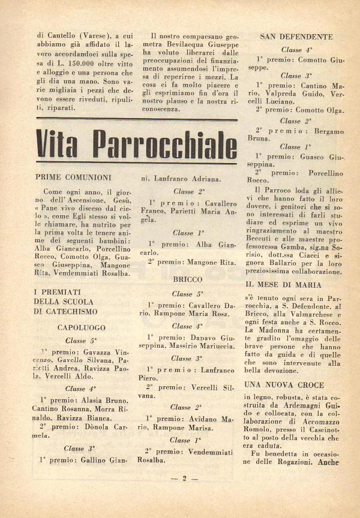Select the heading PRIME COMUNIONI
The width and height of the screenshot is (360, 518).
point(73,177)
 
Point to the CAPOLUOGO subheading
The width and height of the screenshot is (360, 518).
point(82,328)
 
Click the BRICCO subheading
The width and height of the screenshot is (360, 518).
point(187,279)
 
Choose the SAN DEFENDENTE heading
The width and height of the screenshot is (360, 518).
point(296,37)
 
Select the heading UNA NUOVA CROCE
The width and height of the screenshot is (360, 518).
point(284,385)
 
